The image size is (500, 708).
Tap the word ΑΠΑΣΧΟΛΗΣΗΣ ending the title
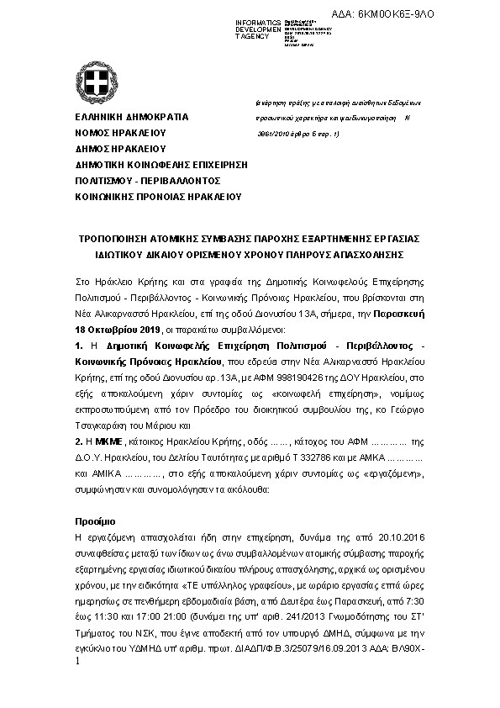coord(363,253)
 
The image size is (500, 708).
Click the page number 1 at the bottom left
coord(78,663)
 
